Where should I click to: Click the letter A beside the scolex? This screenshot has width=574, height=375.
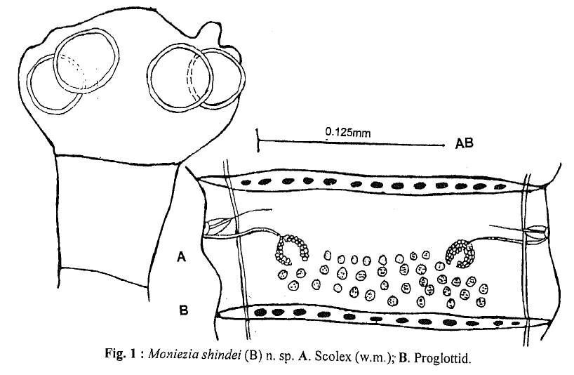point(180,258)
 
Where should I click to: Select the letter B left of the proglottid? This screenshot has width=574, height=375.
point(182,310)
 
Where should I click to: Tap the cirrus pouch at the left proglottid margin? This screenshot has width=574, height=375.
point(217,226)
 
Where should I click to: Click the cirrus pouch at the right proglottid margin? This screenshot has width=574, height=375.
point(536,230)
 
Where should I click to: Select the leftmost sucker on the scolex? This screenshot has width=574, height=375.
point(53,84)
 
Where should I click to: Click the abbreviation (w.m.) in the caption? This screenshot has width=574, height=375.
point(367,357)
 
